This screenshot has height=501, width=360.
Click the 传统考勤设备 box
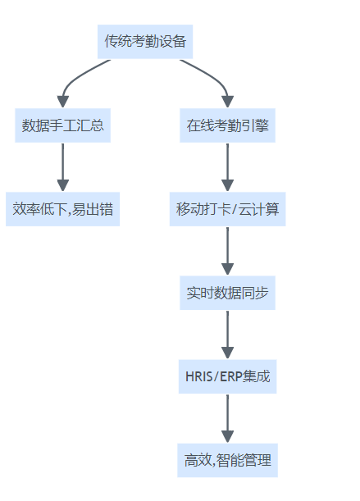(x=145, y=42)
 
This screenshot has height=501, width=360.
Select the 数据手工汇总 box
(x=62, y=125)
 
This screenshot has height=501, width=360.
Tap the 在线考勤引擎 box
(x=227, y=125)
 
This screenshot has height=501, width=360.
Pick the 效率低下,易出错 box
(x=62, y=209)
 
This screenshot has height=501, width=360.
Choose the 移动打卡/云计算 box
(x=227, y=209)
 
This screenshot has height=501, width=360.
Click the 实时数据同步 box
(x=227, y=293)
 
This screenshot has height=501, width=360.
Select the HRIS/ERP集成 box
(x=227, y=376)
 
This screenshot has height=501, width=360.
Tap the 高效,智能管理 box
(x=227, y=460)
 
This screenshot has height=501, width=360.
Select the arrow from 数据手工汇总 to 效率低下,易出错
(x=62, y=167)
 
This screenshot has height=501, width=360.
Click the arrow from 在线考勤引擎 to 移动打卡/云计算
(x=227, y=167)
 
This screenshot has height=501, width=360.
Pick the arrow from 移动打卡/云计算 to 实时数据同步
(x=227, y=251)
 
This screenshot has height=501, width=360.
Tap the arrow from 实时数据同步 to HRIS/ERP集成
(x=227, y=335)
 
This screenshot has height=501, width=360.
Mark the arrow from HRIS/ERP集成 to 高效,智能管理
(x=227, y=418)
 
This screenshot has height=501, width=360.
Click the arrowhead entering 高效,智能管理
(x=227, y=437)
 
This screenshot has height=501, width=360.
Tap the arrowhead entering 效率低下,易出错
(x=62, y=185)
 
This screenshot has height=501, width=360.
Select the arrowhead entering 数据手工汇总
(x=62, y=102)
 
